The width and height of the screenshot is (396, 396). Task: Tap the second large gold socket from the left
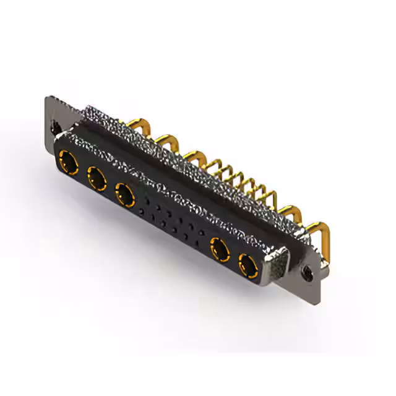(x=97, y=180)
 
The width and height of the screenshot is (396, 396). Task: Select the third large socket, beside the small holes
(x=126, y=196)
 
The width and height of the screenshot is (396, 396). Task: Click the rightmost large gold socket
(x=247, y=268)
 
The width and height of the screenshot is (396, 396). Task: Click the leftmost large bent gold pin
(x=137, y=121)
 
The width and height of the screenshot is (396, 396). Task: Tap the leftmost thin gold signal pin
(x=213, y=163)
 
